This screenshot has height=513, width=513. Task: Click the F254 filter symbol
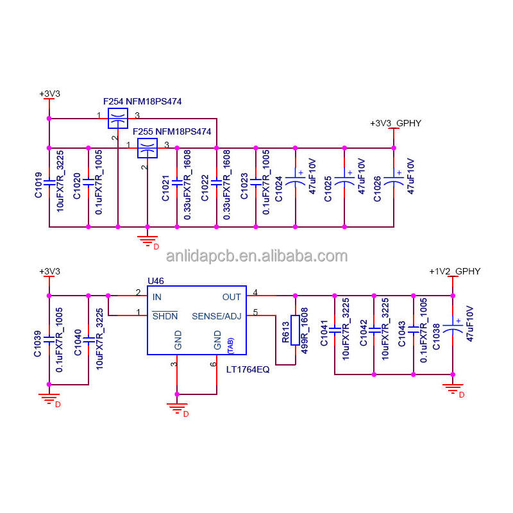pyautogui.click(x=117, y=118)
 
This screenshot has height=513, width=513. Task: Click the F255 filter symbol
pyautogui.click(x=147, y=148)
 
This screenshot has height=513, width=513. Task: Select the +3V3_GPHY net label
pyautogui.click(x=396, y=122)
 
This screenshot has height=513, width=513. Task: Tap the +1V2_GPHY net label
pyautogui.click(x=454, y=271)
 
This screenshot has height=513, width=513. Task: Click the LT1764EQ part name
pyautogui.click(x=248, y=369)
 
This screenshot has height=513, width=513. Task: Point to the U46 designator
pyautogui.click(x=156, y=280)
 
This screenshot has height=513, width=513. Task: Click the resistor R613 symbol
pyautogui.click(x=295, y=330)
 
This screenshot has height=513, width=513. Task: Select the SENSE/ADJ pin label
pyautogui.click(x=217, y=315)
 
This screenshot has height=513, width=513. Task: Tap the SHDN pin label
pyautogui.click(x=165, y=315)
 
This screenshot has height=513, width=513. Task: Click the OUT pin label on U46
pyautogui.click(x=231, y=297)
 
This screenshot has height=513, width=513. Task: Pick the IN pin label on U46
pyautogui.click(x=157, y=297)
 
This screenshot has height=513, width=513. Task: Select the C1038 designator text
pyautogui.click(x=436, y=338)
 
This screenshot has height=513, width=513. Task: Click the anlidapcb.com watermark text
pyautogui.click(x=256, y=256)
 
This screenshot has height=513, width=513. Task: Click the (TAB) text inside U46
pyautogui.click(x=230, y=345)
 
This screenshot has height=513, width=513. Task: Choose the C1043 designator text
pyautogui.click(x=402, y=333)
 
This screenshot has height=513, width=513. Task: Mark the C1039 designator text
pyautogui.click(x=38, y=344)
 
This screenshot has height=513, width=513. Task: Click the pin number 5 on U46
pyautogui.click(x=255, y=312)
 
